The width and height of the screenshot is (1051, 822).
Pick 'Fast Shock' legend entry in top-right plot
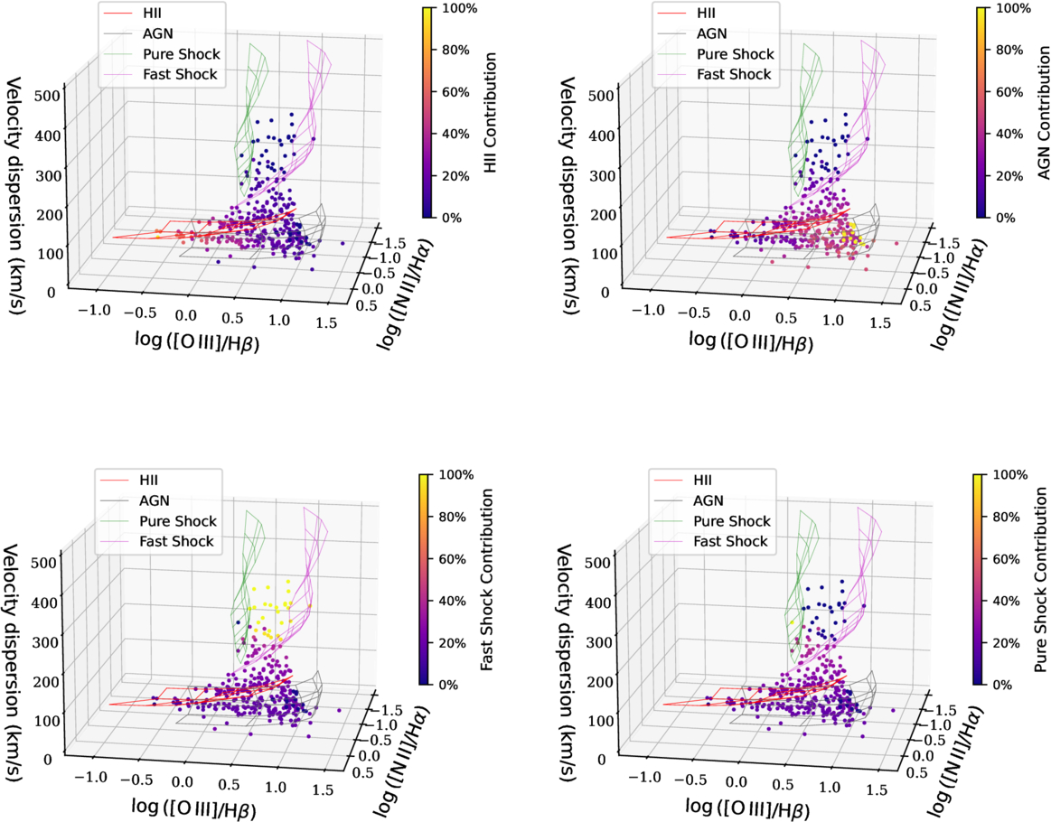coord(735,73)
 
